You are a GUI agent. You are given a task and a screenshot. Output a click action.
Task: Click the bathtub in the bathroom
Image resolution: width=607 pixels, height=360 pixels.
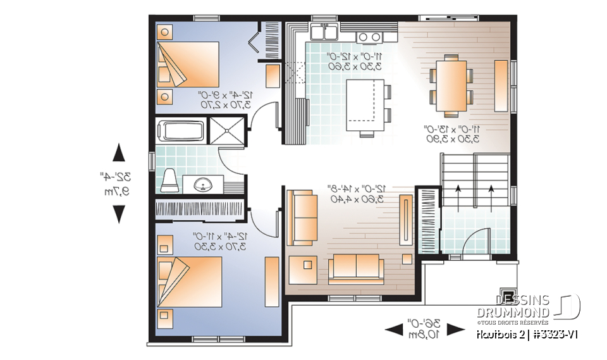pyautogui.click(x=181, y=132)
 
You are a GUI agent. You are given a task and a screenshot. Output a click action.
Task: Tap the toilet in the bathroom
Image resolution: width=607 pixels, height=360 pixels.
pyautogui.click(x=169, y=180)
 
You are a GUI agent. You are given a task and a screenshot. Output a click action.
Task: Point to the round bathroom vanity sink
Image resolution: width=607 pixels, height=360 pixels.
pyautogui.click(x=202, y=185)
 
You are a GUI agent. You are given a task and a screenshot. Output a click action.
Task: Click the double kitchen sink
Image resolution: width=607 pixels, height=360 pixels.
pyautogui.click(x=324, y=32)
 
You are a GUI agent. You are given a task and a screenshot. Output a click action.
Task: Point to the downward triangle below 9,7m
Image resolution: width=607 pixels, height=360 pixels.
pyautogui.click(x=118, y=215)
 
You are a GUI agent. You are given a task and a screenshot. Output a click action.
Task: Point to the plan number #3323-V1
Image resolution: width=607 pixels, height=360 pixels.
pyautogui.click(x=557, y=334)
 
